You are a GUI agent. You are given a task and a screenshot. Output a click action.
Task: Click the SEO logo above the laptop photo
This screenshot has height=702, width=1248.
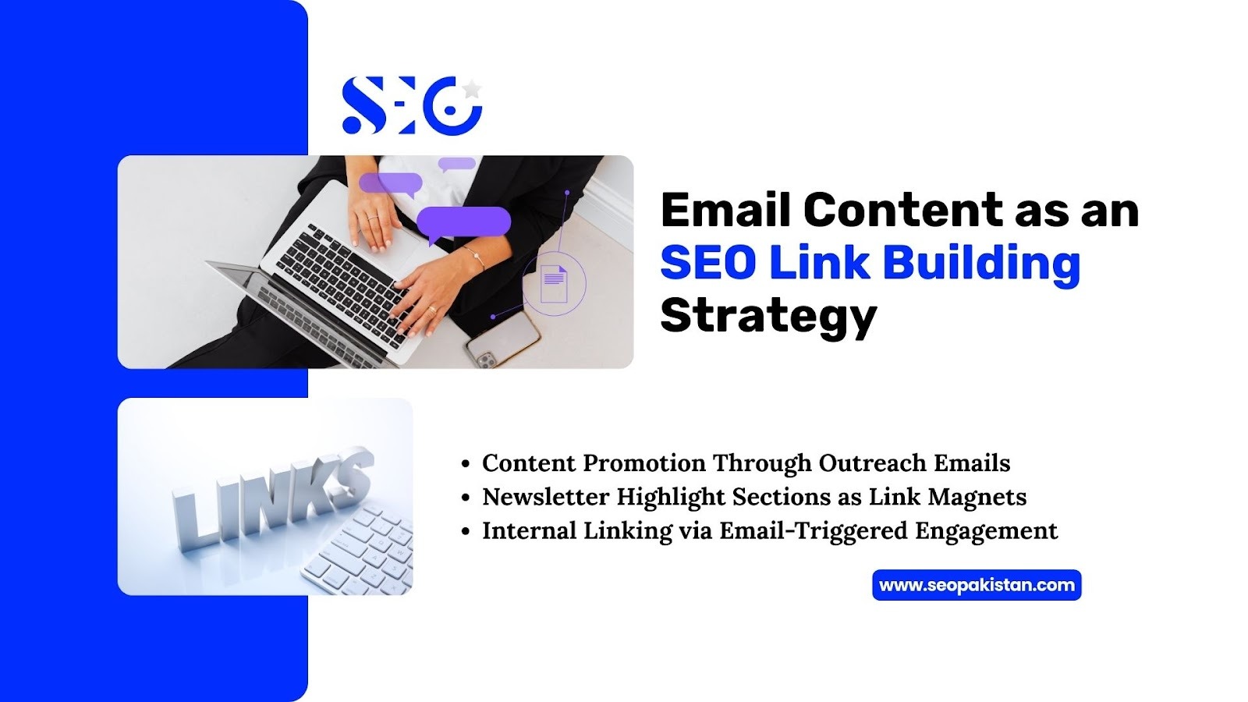413,105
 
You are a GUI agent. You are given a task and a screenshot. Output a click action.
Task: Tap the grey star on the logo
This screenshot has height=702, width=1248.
471,89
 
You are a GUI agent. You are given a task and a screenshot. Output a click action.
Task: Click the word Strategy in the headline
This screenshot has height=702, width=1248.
769,316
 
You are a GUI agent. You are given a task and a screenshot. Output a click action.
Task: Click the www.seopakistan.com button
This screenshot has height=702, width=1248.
977,585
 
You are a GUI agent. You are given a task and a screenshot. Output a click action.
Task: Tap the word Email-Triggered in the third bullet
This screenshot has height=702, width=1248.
813,531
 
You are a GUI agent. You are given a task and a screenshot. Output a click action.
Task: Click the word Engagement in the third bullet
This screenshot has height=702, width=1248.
986,531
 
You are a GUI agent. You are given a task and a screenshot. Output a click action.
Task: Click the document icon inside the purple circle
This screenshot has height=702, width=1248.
554,283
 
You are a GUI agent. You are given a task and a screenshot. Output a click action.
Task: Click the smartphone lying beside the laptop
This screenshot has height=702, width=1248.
502,339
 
